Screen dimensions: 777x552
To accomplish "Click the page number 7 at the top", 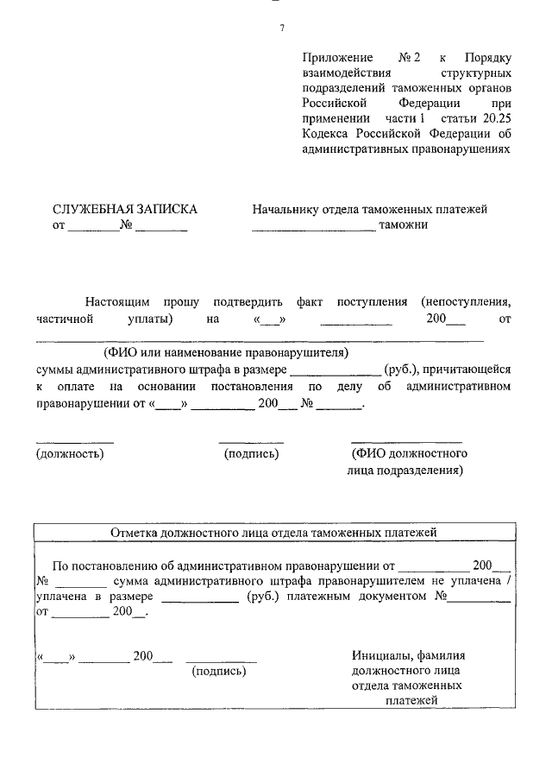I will point(281,28).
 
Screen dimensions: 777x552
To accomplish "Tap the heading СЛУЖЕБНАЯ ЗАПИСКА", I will point(125,209).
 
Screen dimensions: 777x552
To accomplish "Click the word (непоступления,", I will point(467,302).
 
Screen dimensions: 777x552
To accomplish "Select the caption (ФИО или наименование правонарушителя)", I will point(225,353).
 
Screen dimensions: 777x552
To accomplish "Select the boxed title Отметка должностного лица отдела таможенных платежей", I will point(274,534).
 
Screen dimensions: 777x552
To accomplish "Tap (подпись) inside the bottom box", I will point(218,670).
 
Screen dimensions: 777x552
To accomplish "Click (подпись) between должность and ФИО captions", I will point(251,453).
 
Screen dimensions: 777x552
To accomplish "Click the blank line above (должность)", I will point(74,440).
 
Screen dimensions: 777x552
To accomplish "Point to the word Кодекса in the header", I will point(326,133).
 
